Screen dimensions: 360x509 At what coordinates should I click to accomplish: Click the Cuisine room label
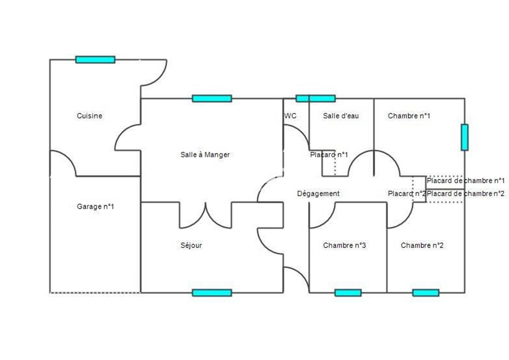(x=89, y=116)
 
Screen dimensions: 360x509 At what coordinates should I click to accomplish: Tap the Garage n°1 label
(x=95, y=207)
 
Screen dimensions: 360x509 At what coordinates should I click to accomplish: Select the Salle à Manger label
(x=205, y=155)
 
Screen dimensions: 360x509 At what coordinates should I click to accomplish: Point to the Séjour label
(x=191, y=245)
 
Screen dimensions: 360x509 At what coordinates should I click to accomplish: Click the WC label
(x=290, y=116)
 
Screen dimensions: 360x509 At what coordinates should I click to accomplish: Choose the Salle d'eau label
(x=341, y=116)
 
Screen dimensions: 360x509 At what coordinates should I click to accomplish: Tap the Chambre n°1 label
(x=409, y=116)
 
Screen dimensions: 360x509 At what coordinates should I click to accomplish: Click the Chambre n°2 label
(x=422, y=245)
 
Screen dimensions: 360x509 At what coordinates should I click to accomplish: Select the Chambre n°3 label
(x=344, y=245)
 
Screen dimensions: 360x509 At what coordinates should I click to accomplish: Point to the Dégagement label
(x=318, y=194)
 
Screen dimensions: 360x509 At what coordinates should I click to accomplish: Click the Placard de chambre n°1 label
(x=465, y=181)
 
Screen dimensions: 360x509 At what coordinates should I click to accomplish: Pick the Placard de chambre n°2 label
(x=465, y=194)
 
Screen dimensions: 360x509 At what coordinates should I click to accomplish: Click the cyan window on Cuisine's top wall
(x=95, y=60)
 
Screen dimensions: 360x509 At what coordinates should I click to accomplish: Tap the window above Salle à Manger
(x=212, y=98)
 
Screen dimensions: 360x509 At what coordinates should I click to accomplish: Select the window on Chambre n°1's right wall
(x=464, y=137)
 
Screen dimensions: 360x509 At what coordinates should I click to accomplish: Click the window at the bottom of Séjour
(x=212, y=293)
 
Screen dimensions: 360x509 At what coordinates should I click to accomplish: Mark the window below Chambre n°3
(x=348, y=293)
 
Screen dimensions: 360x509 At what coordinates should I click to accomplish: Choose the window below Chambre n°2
(x=425, y=293)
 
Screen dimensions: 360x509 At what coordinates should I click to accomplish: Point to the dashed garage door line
(x=95, y=293)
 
